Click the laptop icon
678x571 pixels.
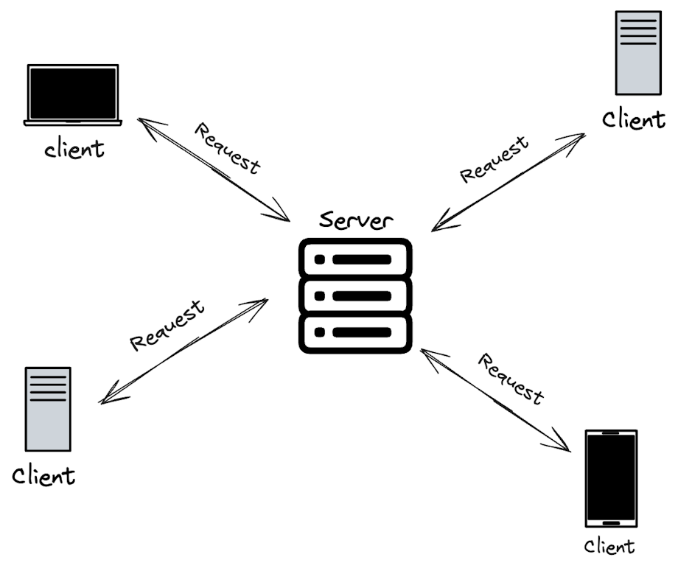click(72, 94)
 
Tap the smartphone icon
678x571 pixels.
click(611, 478)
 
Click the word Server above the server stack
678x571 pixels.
click(356, 219)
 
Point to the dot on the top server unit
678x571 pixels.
click(319, 259)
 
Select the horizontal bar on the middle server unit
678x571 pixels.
click(361, 295)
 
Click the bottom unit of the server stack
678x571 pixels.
click(354, 332)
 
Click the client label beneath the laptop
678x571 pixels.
click(74, 149)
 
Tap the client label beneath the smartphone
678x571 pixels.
click(609, 546)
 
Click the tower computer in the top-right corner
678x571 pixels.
click(637, 52)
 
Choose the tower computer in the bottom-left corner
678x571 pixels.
click(48, 409)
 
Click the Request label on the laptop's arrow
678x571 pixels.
click(227, 148)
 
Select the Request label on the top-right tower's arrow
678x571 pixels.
click(494, 159)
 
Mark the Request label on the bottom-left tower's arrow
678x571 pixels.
click(167, 325)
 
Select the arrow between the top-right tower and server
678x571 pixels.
click(508, 182)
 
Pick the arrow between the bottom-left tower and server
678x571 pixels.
click(184, 351)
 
